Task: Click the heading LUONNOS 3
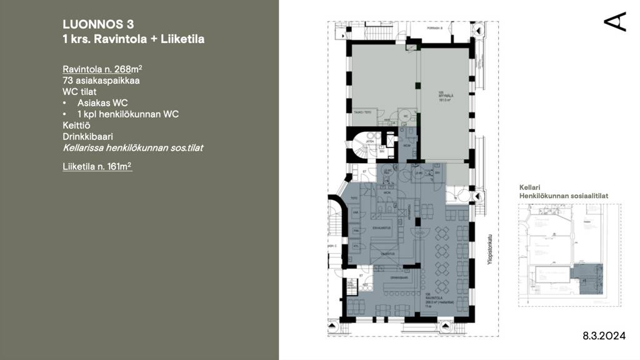(x=98, y=24)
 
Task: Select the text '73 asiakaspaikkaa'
(x=101, y=81)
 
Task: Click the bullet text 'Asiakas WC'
(x=102, y=102)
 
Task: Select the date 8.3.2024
(x=604, y=336)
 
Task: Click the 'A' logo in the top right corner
(x=615, y=21)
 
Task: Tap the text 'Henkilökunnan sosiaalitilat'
(x=563, y=196)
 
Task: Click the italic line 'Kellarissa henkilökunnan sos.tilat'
(x=132, y=148)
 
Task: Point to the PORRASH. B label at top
(x=434, y=28)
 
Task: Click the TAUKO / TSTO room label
(x=363, y=112)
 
